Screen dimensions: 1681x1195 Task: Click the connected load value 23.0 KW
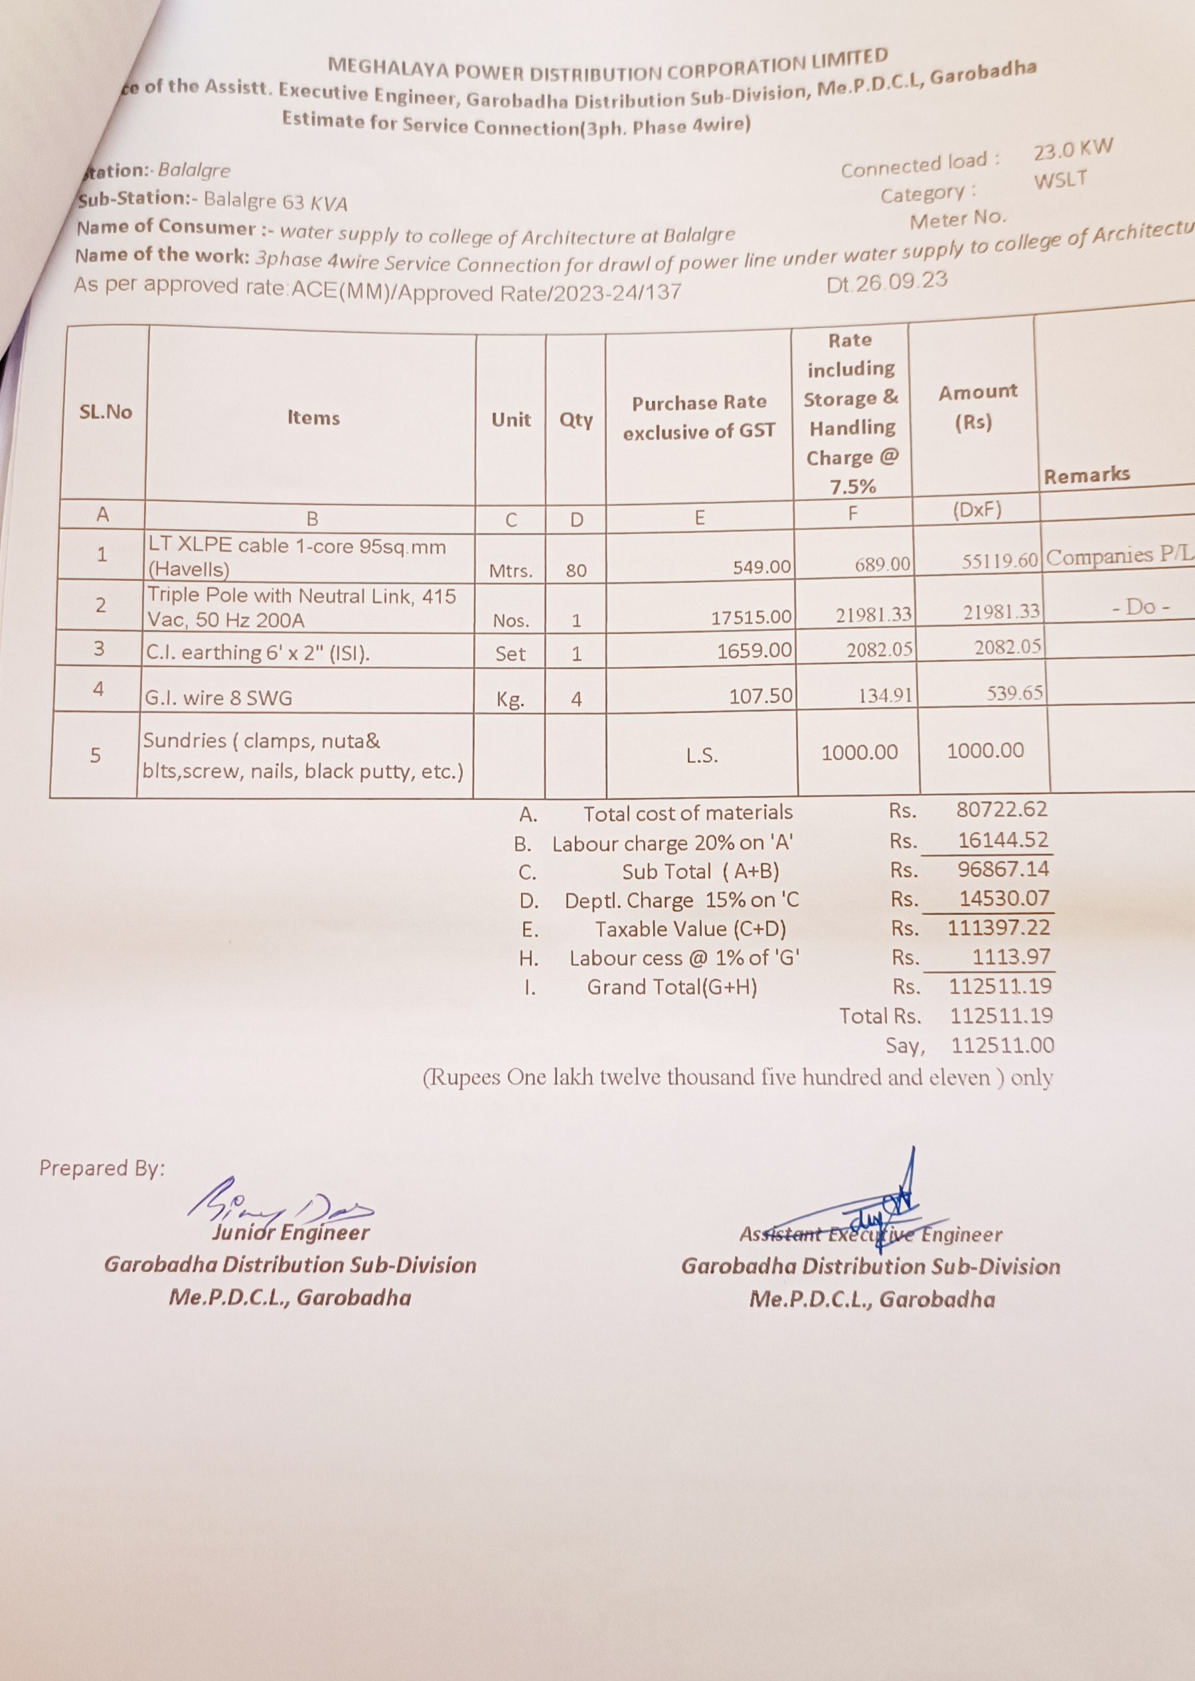coord(1073,149)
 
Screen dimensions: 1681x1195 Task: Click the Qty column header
coord(576,420)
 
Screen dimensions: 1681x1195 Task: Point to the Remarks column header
coord(1086,475)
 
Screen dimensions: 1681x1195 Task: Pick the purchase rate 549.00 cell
coord(761,566)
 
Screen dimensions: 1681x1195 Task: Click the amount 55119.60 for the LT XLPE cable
coord(999,561)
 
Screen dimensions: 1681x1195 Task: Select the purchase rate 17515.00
coord(752,617)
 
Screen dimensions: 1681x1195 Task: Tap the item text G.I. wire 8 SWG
coord(218,696)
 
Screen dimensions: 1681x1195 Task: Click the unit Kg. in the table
coord(510,699)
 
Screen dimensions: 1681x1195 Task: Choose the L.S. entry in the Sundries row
coord(701,756)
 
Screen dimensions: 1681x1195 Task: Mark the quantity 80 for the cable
coord(576,570)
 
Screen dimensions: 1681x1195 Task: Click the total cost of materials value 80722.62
coord(1000,809)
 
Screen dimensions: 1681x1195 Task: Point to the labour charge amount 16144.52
coord(1002,839)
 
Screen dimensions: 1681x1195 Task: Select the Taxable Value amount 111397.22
coord(998,927)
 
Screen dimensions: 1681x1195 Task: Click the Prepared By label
coord(102,1168)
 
